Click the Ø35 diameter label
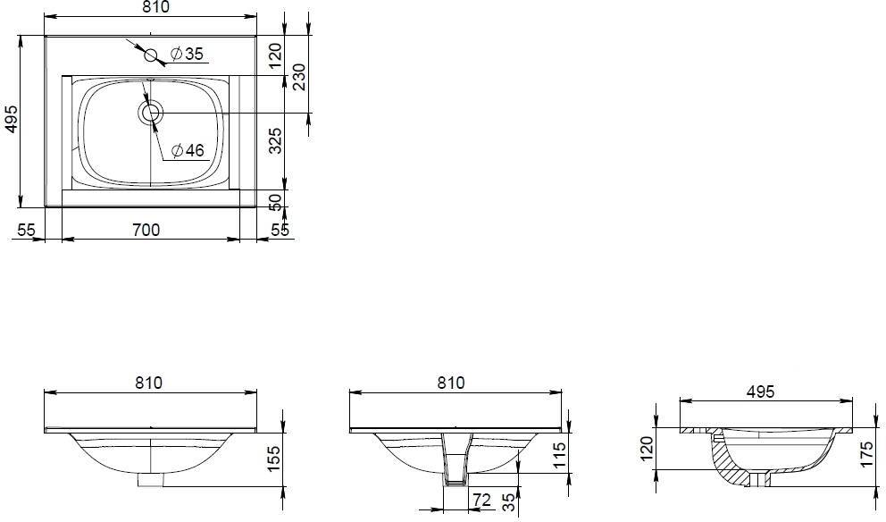point(186,54)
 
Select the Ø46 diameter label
point(187,150)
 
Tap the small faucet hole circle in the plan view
point(151,55)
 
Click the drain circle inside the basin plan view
point(150,113)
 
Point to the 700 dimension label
point(146,230)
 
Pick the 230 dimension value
point(299,77)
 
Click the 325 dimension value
point(275,140)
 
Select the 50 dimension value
point(275,202)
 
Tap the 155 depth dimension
point(273,459)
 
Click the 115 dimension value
point(558,455)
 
